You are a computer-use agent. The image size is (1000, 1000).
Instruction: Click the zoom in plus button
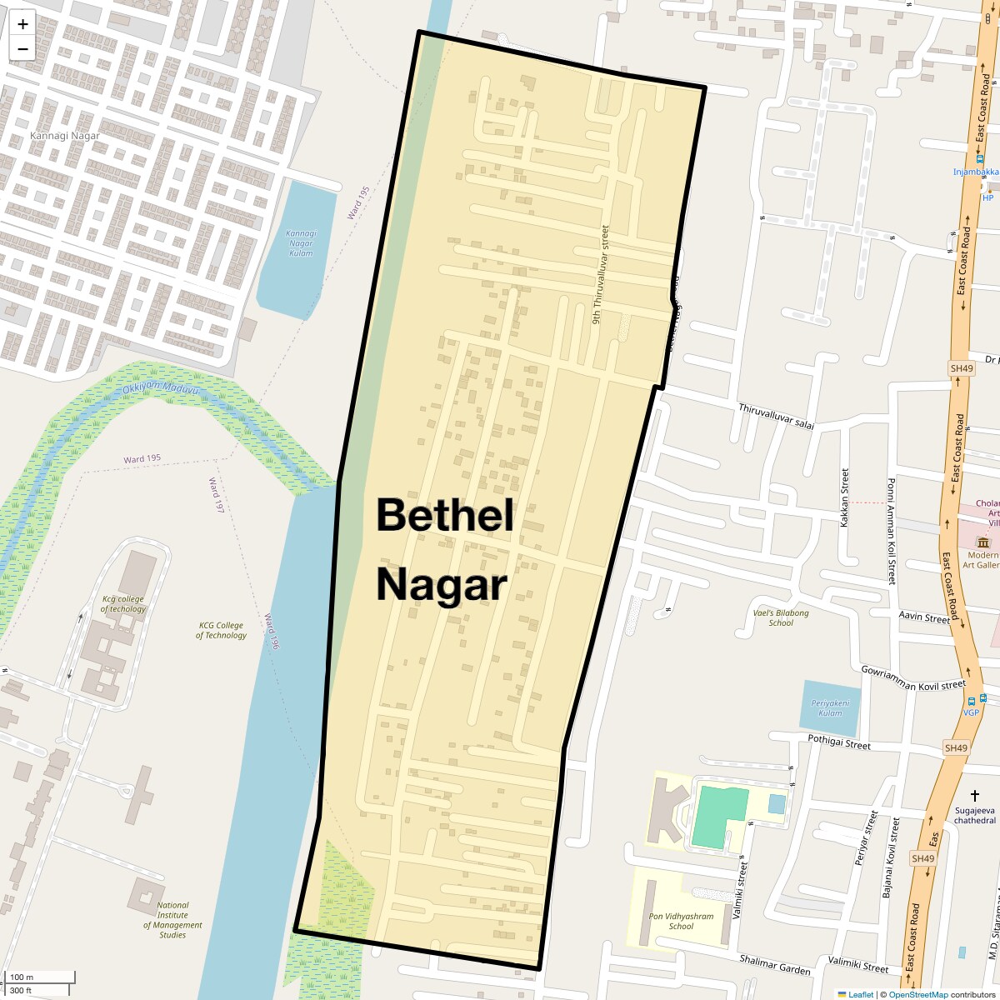coord(22,24)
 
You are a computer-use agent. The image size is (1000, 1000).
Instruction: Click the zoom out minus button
coord(22,48)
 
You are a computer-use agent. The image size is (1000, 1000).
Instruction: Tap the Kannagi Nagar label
coord(64,136)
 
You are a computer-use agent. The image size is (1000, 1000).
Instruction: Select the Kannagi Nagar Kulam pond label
coord(301,242)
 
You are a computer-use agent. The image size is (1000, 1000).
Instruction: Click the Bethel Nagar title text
coord(444,549)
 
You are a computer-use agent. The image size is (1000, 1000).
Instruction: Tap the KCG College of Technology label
coord(221,630)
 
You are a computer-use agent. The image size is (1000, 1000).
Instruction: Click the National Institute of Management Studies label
coord(172,920)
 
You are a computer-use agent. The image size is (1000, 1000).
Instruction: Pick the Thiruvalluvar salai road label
coord(776,415)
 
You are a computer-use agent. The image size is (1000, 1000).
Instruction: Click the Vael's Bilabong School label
coord(781,617)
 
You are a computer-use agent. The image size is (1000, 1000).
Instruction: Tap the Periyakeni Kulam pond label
coord(830,707)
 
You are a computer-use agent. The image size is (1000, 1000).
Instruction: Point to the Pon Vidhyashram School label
coord(681,921)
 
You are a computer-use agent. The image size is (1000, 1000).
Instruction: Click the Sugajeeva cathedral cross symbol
coord(975,797)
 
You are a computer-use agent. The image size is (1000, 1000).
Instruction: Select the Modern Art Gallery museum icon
coord(982,542)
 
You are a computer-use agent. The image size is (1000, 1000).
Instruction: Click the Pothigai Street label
coord(839,742)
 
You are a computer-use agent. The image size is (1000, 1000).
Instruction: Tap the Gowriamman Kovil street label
coord(912,678)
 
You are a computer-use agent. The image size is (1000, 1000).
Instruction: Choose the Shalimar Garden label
coord(775,964)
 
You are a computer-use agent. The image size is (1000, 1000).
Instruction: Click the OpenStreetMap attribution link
coord(917,994)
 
